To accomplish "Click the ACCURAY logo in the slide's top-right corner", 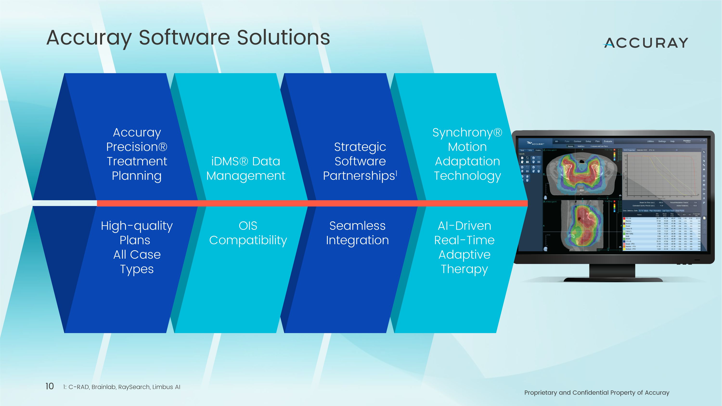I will (x=646, y=43).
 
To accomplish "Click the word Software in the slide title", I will (x=184, y=38).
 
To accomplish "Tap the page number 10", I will (x=50, y=387).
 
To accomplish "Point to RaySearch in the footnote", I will (x=134, y=387).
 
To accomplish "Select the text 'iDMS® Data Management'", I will (x=245, y=168).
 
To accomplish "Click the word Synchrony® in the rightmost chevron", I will (x=467, y=132).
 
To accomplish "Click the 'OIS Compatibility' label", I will (x=248, y=233).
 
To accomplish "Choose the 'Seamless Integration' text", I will (x=357, y=233).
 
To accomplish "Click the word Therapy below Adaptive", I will (x=464, y=269).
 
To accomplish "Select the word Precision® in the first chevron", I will (x=137, y=147).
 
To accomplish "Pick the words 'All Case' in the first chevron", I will (x=137, y=254).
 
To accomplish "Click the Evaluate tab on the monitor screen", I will (x=608, y=141).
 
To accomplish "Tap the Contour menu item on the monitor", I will (x=577, y=141).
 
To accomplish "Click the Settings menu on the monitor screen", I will (x=662, y=141).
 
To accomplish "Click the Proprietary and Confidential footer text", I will (x=597, y=393).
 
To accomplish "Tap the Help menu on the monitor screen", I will (x=672, y=141).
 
